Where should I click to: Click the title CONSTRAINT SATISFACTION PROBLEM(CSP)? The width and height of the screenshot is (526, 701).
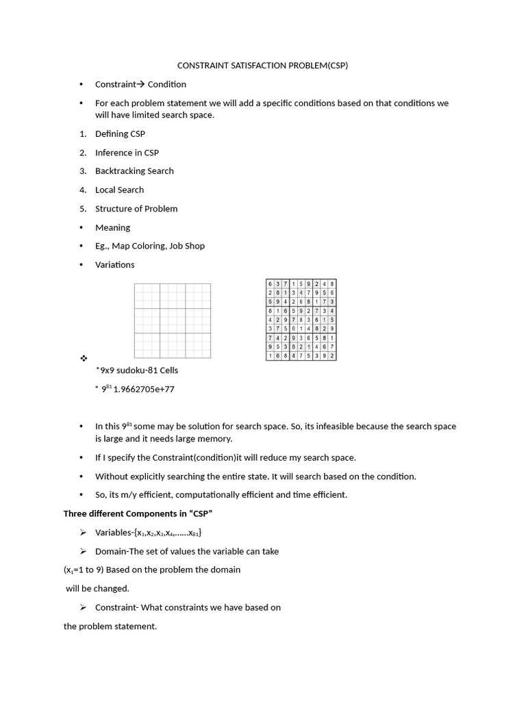click(263, 66)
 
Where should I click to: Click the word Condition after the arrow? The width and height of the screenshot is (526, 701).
click(166, 84)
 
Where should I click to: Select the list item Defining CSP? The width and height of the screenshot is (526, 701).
click(120, 134)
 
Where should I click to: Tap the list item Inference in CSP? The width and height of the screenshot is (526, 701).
click(127, 153)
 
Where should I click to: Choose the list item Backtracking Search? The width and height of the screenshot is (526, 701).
click(134, 171)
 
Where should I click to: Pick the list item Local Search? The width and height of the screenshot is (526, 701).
click(119, 190)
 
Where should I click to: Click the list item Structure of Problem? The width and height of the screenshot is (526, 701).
click(136, 209)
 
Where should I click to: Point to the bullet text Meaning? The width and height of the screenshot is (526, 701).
click(112, 227)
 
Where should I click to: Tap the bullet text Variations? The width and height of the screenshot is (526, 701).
click(114, 265)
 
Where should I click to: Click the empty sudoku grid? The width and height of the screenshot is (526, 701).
click(172, 320)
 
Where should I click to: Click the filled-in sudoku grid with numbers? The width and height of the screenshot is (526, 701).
click(301, 320)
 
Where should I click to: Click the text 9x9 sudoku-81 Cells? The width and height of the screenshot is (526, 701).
click(139, 370)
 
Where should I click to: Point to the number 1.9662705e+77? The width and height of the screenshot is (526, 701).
click(144, 390)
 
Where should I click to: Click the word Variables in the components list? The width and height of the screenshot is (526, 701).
click(114, 533)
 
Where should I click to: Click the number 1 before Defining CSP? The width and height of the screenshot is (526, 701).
click(82, 134)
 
